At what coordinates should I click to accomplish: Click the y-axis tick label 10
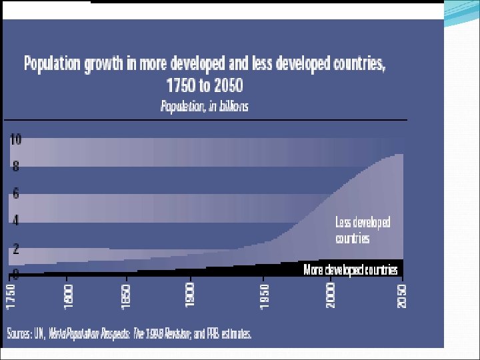[x=15, y=140]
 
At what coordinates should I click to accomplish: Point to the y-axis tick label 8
[x=15, y=167]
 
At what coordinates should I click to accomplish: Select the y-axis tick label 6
[x=15, y=194]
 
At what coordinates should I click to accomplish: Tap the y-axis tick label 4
[x=15, y=221]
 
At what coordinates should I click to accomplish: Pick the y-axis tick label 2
[x=15, y=249]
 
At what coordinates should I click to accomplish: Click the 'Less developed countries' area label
[x=363, y=229]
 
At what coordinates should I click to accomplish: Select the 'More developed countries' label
[x=351, y=269]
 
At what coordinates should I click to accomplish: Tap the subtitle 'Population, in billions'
[x=205, y=106]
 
